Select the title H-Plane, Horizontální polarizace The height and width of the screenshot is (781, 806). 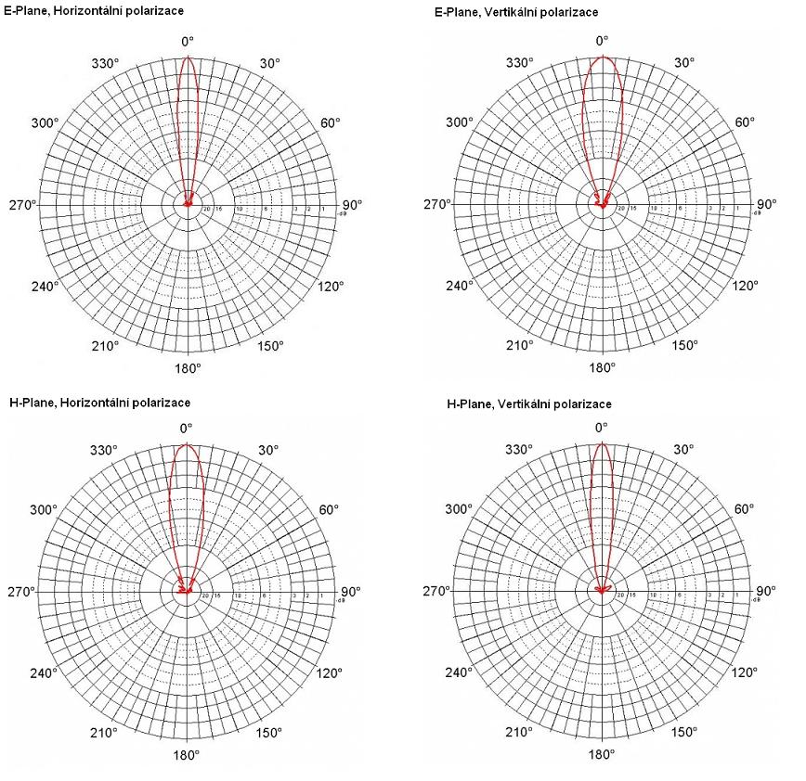[x=99, y=403]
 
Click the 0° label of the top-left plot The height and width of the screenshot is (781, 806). [x=188, y=41]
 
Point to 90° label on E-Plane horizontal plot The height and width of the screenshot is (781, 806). [x=351, y=205]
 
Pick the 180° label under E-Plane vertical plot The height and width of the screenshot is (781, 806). [x=602, y=367]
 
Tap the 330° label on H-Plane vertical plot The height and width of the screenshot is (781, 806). [x=519, y=450]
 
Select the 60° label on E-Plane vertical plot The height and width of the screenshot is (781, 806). [x=745, y=122]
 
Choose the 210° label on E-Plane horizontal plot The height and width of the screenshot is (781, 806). [x=105, y=346]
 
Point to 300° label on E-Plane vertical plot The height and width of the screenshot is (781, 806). [x=460, y=122]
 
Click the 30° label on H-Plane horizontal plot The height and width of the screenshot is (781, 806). [x=269, y=450]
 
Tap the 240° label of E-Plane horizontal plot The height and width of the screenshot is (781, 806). [x=45, y=286]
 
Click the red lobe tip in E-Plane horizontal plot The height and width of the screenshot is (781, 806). [x=188, y=57]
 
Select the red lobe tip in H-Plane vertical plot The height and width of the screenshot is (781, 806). [x=602, y=443]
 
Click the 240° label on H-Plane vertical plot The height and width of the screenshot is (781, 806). [x=460, y=672]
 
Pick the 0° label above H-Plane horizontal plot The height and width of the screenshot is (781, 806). [x=187, y=428]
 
